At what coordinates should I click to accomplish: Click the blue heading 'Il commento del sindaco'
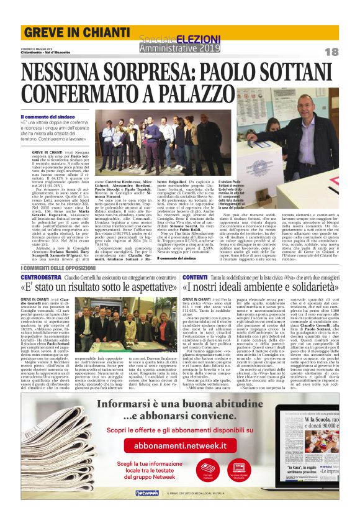[61, 117]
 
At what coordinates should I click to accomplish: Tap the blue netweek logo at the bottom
[147, 509]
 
